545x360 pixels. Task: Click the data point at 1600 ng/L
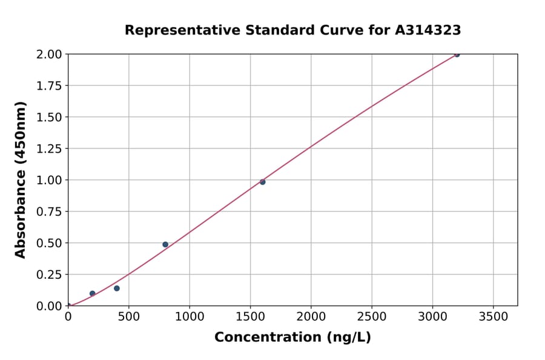coord(262,182)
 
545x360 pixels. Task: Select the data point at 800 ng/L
coord(165,244)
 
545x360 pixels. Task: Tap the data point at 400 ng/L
coord(117,288)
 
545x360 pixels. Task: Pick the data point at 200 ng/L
coord(93,293)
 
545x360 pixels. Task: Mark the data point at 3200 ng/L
coord(457,55)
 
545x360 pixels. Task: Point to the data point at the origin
coord(68,305)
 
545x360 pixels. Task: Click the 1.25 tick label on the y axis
coord(48,148)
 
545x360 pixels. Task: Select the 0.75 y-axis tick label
coord(48,212)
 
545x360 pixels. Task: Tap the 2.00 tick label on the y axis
coord(48,55)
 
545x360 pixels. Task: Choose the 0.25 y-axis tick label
coord(48,275)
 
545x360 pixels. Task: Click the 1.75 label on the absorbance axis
coord(48,85)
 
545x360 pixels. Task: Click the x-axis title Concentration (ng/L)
coord(292,338)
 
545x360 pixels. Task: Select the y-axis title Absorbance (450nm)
coord(21,180)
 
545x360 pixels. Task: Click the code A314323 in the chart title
coord(428,30)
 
